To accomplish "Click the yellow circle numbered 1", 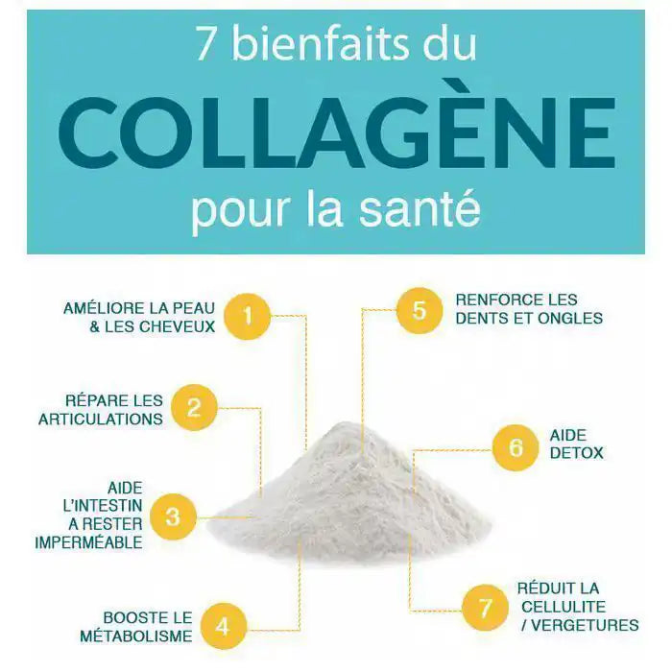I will click(x=249, y=316).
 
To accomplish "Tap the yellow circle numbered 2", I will click(x=194, y=408).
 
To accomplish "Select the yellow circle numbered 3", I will click(x=173, y=517).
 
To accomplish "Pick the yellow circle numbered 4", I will click(x=223, y=627).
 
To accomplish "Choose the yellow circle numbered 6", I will click(x=516, y=447).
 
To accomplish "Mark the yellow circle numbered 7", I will click(x=485, y=608).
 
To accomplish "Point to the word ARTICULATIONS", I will click(x=100, y=419).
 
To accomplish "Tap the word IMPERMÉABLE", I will click(x=89, y=542).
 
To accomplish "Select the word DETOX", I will click(x=577, y=452).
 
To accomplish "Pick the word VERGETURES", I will click(x=585, y=625).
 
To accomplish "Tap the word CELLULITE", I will click(x=564, y=607).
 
